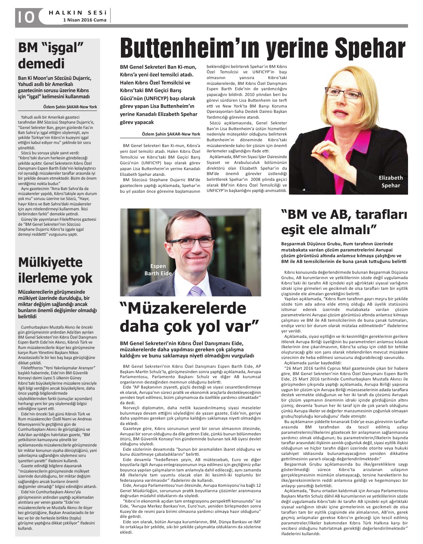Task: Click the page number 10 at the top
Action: coord(25,16)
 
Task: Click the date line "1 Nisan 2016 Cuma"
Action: coord(84,20)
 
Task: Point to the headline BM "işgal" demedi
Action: coord(51,55)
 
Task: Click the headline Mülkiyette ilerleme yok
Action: coord(55,270)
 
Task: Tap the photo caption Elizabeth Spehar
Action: coord(390,182)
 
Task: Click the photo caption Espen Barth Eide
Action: coord(158,270)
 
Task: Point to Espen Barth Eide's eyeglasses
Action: coord(191,243)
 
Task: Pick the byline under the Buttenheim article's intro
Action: coord(171,134)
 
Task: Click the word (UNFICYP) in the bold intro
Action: coord(157,98)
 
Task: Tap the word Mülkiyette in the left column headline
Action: coord(50,262)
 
